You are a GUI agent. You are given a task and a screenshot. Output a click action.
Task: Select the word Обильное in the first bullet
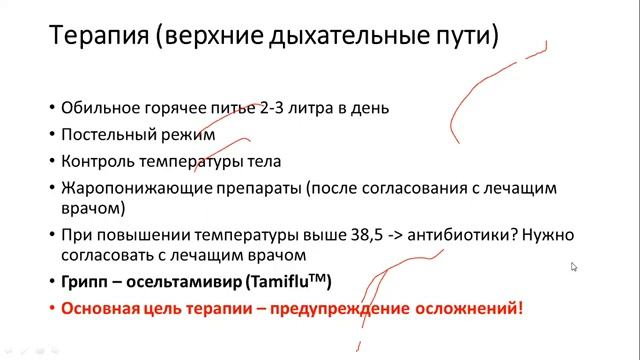[x=96, y=107]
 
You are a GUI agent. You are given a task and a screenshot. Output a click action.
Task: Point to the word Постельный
[x=105, y=133]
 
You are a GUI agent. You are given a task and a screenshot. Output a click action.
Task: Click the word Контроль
[x=96, y=160]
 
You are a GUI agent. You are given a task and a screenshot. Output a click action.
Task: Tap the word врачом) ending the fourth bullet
[x=93, y=209]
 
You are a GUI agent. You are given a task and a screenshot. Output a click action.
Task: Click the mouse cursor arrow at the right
[x=574, y=267]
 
